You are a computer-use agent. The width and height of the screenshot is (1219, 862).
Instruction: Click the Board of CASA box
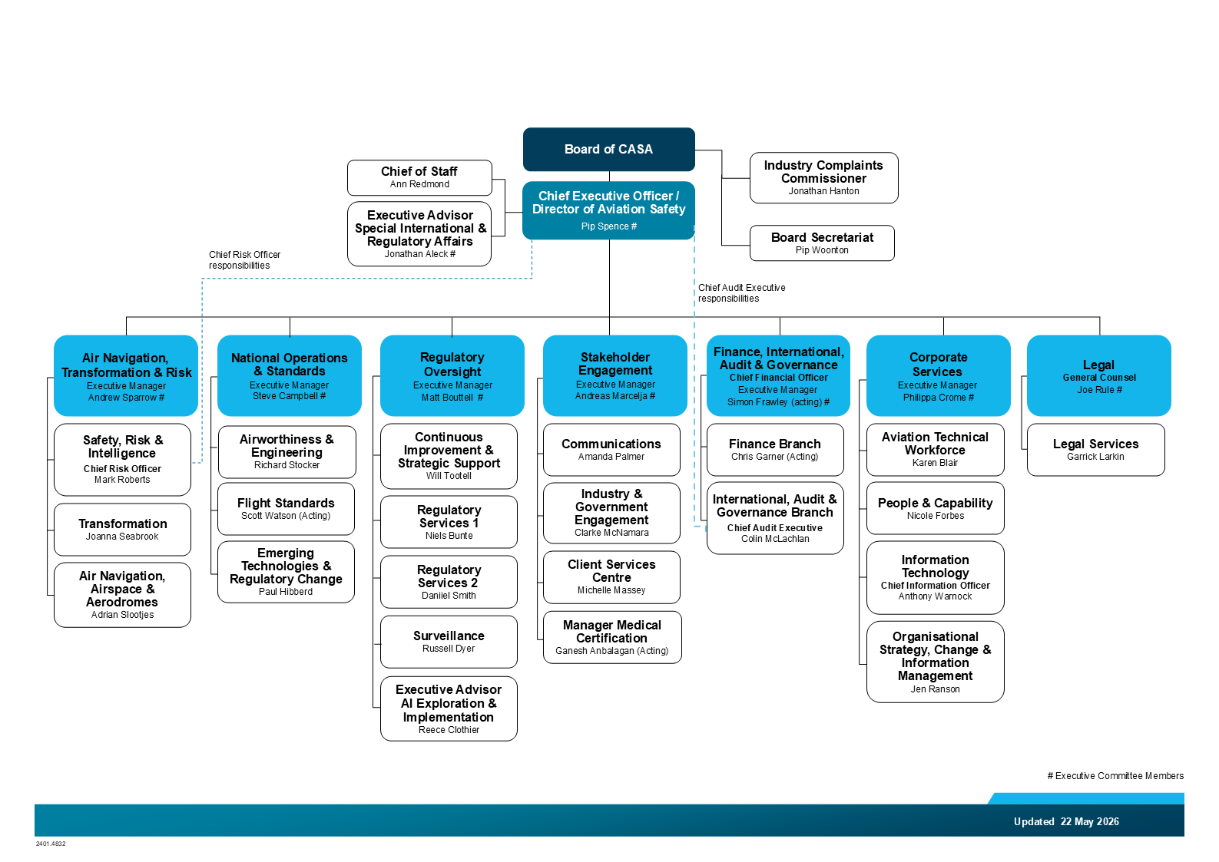[x=608, y=150]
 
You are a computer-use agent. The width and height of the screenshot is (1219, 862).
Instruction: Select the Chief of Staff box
[x=419, y=178]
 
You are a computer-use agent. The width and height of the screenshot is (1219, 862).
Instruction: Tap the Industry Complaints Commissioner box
[x=823, y=178]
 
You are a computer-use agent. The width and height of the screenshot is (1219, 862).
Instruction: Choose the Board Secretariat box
[x=822, y=243]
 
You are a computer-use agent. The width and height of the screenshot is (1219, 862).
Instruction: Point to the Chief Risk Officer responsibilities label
[x=244, y=260]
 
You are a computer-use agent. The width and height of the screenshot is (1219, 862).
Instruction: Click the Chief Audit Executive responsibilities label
[x=741, y=293]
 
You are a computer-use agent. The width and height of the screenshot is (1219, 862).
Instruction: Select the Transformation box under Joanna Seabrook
[x=122, y=529]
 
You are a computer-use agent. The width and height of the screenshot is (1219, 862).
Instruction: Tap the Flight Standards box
[x=286, y=508]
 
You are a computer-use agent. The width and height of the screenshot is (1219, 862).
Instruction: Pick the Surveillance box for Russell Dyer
[x=449, y=642]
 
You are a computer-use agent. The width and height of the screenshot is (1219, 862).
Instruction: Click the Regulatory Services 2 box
[x=449, y=581]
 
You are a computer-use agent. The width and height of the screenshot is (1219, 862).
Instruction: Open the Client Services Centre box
[x=611, y=577]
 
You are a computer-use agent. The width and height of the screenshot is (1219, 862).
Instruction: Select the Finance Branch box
[x=775, y=450]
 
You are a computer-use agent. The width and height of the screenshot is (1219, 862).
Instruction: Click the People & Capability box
[x=935, y=508]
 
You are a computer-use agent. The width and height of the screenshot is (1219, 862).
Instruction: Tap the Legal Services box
[x=1095, y=450]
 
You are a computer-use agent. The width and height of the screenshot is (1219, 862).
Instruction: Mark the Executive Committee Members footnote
[x=1115, y=776]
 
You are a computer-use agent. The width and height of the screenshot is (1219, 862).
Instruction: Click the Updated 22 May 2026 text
[x=1066, y=822]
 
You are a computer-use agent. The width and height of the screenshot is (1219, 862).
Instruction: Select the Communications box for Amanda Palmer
[x=611, y=450]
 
